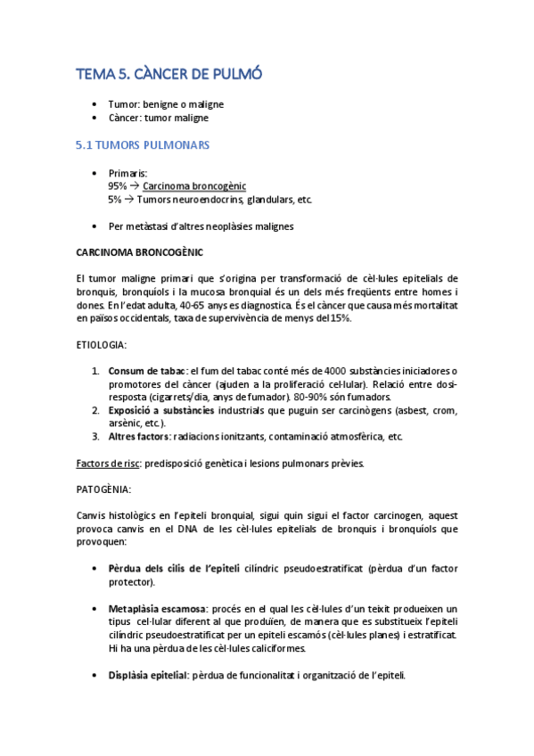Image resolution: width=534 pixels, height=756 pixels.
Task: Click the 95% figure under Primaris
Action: pyautogui.click(x=118, y=185)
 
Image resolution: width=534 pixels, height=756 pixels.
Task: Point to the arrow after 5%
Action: pyautogui.click(x=129, y=200)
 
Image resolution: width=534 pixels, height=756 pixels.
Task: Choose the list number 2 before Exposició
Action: pyautogui.click(x=95, y=410)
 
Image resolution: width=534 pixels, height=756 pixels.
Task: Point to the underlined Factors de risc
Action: pyautogui.click(x=110, y=464)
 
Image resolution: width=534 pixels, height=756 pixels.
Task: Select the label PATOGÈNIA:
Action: pyautogui.click(x=103, y=489)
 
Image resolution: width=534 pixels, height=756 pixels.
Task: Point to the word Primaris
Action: pyautogui.click(x=127, y=172)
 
